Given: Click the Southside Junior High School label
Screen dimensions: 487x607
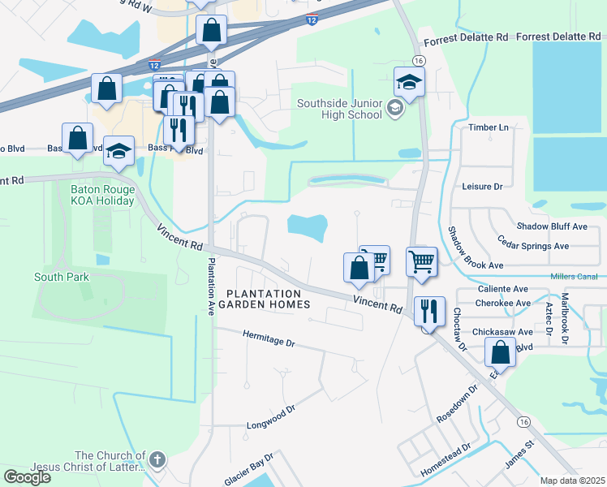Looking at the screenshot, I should click(x=339, y=109).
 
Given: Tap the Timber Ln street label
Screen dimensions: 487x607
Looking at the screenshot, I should click(x=488, y=127).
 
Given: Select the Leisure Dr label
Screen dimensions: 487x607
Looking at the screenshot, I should click(x=482, y=186).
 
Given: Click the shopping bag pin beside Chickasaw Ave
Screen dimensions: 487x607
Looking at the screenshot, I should click(x=501, y=353).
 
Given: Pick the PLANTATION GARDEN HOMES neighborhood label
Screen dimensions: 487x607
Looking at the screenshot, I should click(x=268, y=299).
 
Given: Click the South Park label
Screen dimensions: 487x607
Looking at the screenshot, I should click(x=62, y=277).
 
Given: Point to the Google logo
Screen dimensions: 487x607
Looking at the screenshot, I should click(x=27, y=476).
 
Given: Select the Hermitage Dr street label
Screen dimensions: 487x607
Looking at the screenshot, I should click(x=269, y=338).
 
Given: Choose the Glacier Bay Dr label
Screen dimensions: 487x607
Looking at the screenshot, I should click(x=252, y=470).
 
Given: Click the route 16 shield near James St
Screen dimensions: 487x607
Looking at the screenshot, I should click(x=523, y=422).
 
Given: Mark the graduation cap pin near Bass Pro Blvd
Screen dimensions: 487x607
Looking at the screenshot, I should click(x=119, y=150).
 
